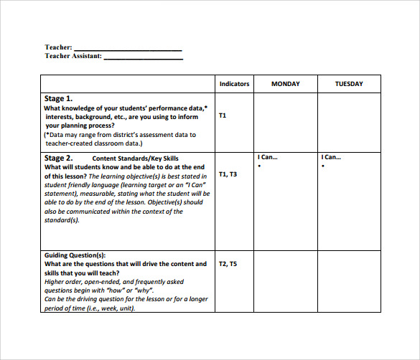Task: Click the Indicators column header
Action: tap(234, 84)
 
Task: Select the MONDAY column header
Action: tap(285, 84)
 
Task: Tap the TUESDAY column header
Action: tap(349, 84)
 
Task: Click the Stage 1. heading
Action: tap(59, 98)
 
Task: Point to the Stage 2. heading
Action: tap(59, 158)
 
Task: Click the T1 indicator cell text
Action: tap(223, 115)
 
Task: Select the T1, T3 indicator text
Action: tap(228, 174)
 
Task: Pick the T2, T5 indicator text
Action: tap(228, 264)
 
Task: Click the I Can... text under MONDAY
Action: tap(267, 157)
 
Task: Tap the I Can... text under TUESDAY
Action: tap(331, 157)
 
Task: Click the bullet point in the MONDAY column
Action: tap(259, 166)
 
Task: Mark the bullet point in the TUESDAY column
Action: tap(323, 166)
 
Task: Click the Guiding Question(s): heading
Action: tap(75, 255)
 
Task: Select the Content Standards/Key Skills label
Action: tap(136, 158)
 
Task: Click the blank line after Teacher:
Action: tap(128, 49)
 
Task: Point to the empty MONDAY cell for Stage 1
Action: tap(285, 121)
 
